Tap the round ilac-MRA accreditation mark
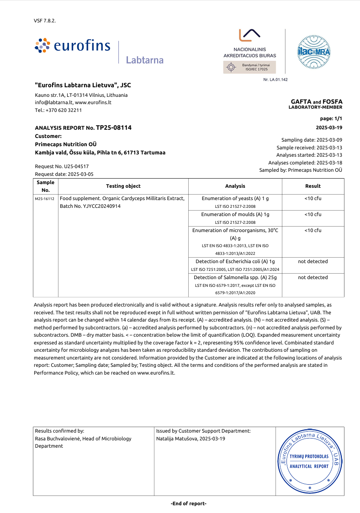click(314, 51)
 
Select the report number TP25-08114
click(114, 128)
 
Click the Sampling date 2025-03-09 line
click(312, 140)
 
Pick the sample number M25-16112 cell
click(45, 199)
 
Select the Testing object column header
click(123, 186)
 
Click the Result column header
click(313, 186)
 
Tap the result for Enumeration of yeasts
click(313, 198)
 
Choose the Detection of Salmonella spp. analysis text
click(235, 277)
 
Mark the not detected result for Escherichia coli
click(313, 261)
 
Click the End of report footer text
click(189, 503)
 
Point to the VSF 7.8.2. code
click(45, 21)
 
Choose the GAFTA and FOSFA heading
click(316, 101)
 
